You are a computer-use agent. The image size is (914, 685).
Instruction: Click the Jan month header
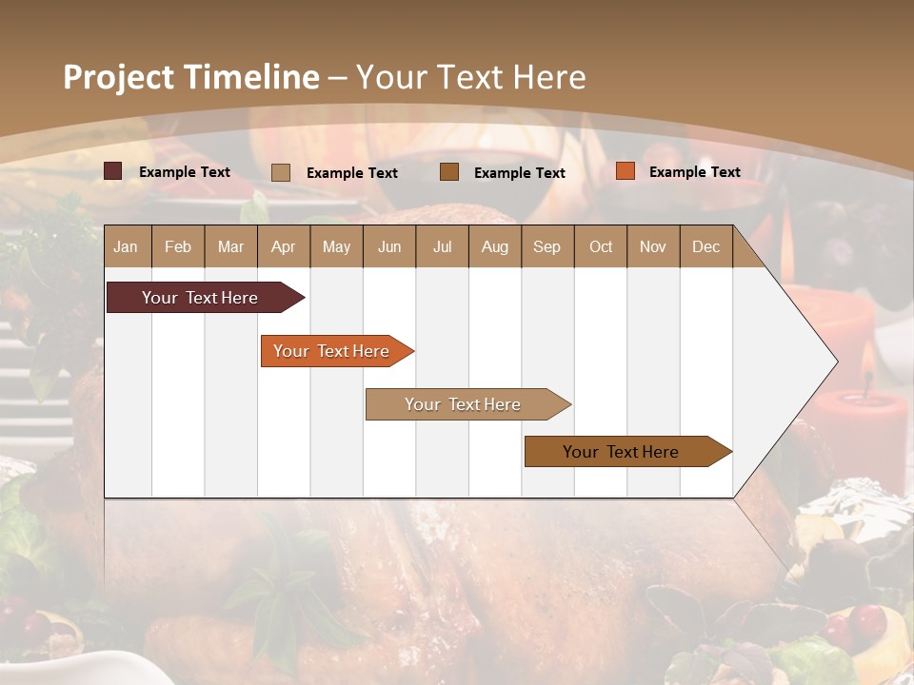pos(126,246)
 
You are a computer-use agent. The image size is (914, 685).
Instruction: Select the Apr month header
pos(283,246)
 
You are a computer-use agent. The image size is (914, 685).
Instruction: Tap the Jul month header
pos(442,246)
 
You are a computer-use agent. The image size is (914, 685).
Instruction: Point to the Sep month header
pos(546,246)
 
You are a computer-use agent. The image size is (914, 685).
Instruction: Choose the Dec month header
pos(705,246)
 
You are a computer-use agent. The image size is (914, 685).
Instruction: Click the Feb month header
pos(178,246)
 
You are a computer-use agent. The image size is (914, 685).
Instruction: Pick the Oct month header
pos(601,246)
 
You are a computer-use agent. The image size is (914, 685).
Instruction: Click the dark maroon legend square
pos(112,171)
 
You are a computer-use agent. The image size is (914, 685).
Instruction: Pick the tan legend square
pos(281,172)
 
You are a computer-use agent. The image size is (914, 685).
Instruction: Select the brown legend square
pos(449,171)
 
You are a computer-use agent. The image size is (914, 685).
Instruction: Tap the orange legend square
pos(625,171)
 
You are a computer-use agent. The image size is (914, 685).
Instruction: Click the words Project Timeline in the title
pos(191,77)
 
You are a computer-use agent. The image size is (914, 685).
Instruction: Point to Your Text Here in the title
pos(471,77)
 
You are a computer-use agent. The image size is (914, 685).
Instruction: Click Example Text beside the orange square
pos(694,171)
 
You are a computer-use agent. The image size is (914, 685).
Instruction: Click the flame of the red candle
pos(867,362)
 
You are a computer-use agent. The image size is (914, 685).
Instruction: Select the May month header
pos(336,246)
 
